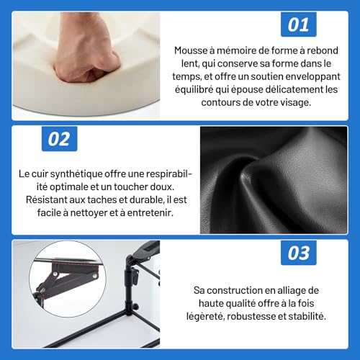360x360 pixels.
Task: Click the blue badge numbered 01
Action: click(298, 24)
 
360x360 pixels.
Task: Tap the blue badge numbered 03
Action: click(298, 254)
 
